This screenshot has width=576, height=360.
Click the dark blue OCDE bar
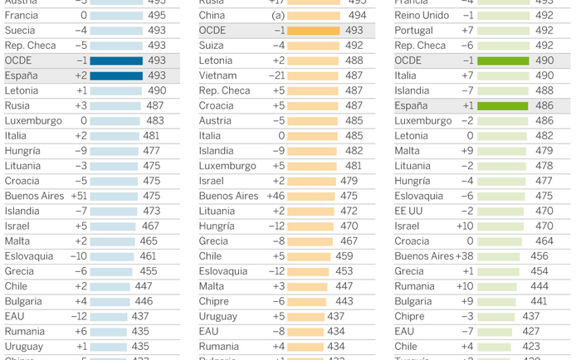[x=116, y=61]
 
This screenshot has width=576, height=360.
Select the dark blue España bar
[x=116, y=75]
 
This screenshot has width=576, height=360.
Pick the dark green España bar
[x=503, y=105]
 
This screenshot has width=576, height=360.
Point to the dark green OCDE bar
[x=503, y=61]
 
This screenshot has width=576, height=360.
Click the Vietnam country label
[x=218, y=75]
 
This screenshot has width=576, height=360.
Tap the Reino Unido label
[x=422, y=16]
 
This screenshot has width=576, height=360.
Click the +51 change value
[x=78, y=196]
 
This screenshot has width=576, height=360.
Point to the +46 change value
[x=276, y=196]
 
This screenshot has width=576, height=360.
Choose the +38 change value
[x=466, y=256]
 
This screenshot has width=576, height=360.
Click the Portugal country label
[x=413, y=31]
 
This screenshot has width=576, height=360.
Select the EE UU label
[x=409, y=211]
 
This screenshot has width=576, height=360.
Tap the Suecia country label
[x=21, y=31]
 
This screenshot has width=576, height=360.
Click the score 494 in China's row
[x=358, y=16]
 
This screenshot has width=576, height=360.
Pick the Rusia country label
[x=17, y=105]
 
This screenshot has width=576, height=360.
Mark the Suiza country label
[x=212, y=46]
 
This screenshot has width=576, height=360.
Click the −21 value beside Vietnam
[x=276, y=75]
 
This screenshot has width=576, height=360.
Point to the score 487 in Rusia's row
[x=154, y=105]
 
